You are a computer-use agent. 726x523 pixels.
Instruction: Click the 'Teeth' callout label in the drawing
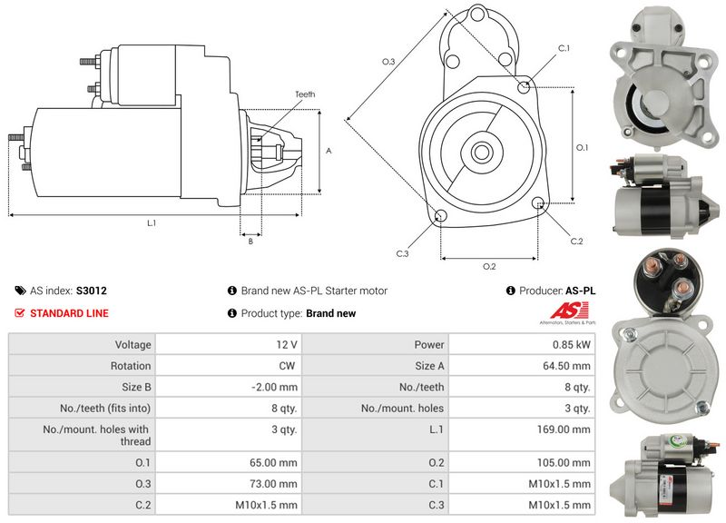click(305, 94)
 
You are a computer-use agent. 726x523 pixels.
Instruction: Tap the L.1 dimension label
click(152, 223)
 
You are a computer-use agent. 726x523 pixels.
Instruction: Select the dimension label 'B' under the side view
click(250, 241)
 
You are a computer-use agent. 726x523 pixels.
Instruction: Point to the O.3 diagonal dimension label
click(388, 61)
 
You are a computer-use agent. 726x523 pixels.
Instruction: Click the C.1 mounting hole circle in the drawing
click(524, 86)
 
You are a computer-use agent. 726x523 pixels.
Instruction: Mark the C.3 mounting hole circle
click(441, 216)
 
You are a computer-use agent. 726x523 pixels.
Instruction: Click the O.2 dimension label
click(489, 266)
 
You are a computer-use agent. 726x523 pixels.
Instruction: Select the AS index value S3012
click(92, 291)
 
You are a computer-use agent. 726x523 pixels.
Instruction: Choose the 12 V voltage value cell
click(288, 345)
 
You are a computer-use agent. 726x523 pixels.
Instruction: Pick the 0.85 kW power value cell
click(575, 345)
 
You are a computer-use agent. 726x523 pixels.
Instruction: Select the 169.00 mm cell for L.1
click(569, 429)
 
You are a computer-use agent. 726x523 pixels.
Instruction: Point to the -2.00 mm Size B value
click(278, 388)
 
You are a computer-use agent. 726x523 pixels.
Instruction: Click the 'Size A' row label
click(429, 366)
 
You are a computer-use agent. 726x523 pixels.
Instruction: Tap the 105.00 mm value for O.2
click(569, 462)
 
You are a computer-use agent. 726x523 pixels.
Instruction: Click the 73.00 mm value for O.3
click(278, 484)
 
